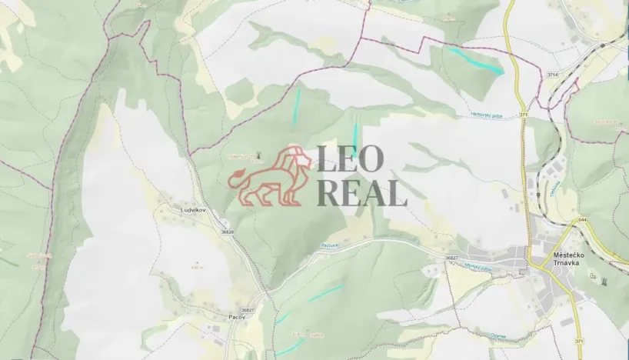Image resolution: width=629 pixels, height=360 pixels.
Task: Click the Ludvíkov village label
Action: tap(174, 208)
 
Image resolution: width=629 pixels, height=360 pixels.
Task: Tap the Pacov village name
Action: tap(237, 316)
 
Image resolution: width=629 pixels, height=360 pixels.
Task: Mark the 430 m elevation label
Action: tap(198, 267)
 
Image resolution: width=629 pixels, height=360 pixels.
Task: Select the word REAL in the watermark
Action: tap(361, 193)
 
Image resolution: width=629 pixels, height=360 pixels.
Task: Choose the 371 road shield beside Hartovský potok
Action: tap(523, 115)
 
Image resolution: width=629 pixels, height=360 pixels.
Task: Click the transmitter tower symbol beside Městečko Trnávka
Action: tap(592, 274)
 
